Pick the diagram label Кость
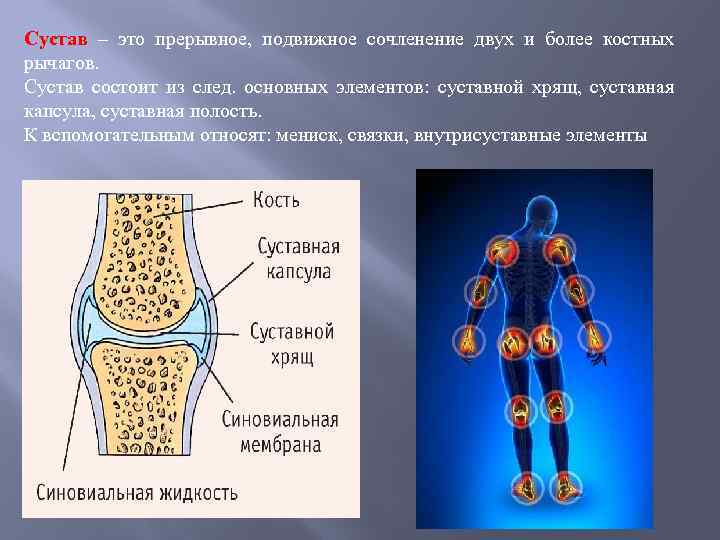pyautogui.click(x=276, y=200)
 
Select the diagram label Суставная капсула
pyautogui.click(x=298, y=258)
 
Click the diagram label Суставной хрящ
pyautogui.click(x=291, y=343)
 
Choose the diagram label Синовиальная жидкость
pyautogui.click(x=137, y=492)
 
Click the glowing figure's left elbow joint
pyautogui.click(x=479, y=290)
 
